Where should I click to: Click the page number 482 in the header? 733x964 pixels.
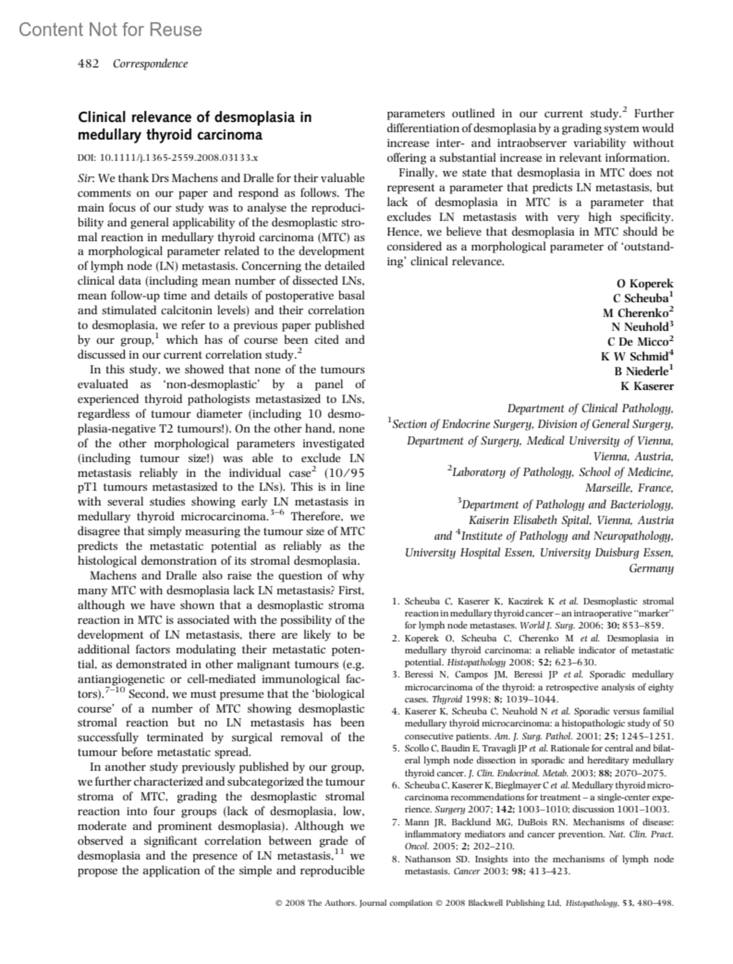tap(88, 64)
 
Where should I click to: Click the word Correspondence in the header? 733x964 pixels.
tap(150, 64)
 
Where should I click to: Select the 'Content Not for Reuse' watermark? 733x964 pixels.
tap(110, 29)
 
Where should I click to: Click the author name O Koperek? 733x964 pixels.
tap(645, 283)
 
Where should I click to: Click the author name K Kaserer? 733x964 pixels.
tap(647, 386)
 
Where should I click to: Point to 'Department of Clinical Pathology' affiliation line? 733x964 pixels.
tap(590, 409)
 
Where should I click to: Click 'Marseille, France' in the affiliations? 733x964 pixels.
tap(629, 488)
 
